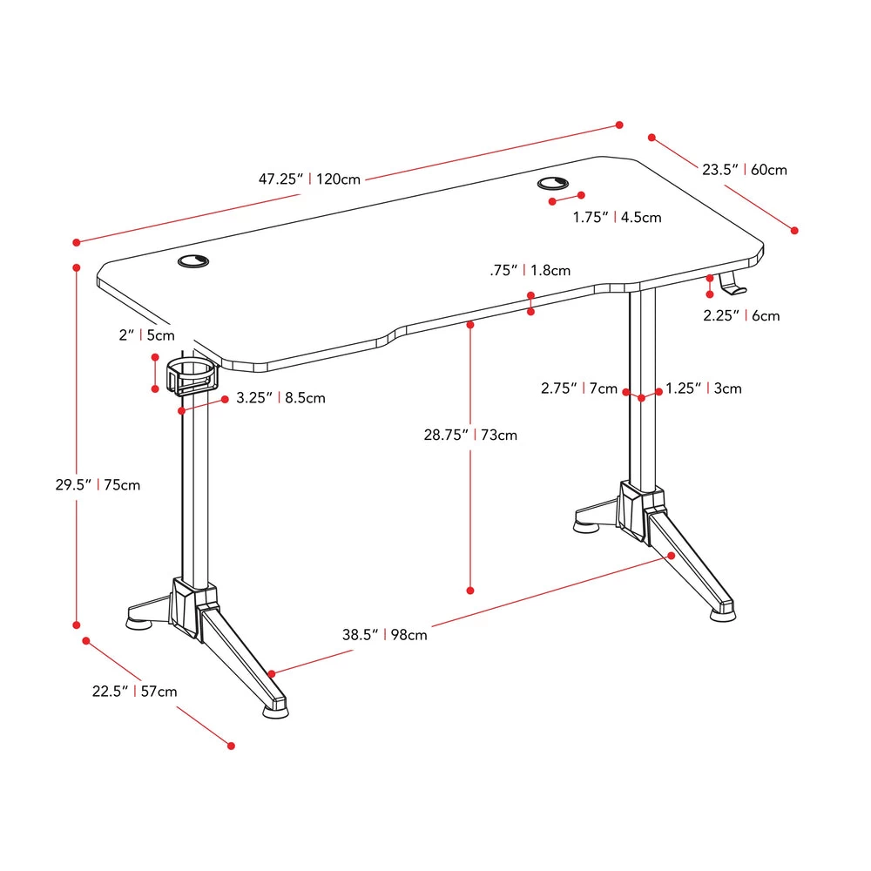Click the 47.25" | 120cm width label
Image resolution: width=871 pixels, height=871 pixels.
pos(309,179)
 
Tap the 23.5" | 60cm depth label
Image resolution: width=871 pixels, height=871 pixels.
pos(745,170)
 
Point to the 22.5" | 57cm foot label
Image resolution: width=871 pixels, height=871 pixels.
pos(135,692)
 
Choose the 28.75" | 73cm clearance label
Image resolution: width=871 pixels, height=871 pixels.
pos(465,435)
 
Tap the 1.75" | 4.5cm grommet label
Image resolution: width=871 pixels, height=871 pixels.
pos(617,218)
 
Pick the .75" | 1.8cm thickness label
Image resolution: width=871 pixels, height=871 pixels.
pos(530,271)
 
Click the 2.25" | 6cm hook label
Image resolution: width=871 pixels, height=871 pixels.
pos(742,315)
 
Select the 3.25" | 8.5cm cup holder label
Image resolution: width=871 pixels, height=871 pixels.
pos(281,399)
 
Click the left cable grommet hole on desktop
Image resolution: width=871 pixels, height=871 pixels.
pos(194,260)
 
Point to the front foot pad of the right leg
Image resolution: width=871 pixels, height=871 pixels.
pos(723,613)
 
